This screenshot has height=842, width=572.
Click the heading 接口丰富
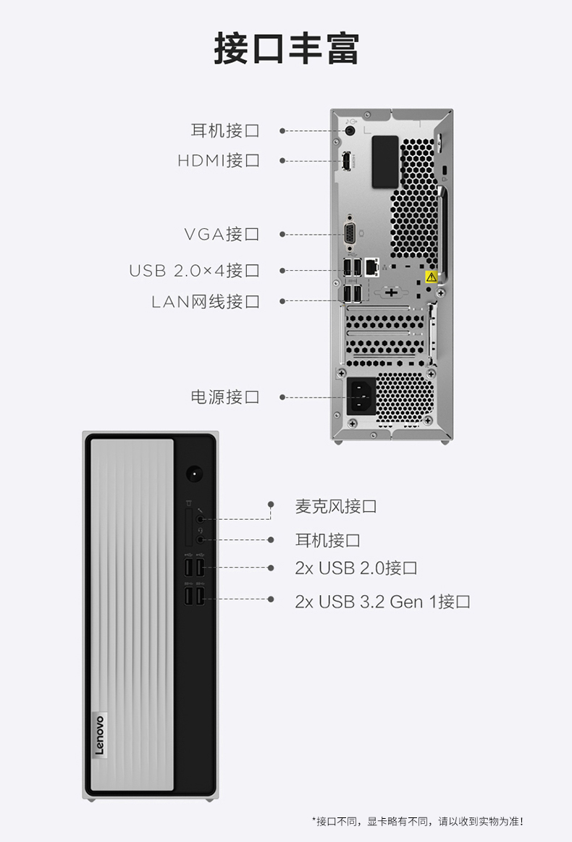tap(286, 49)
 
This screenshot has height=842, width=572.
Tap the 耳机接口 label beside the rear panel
tap(225, 130)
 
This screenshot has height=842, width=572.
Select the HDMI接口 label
tap(219, 160)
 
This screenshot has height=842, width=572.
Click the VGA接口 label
tap(222, 234)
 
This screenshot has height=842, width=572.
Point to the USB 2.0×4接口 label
tap(195, 270)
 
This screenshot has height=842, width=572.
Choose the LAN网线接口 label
tap(206, 301)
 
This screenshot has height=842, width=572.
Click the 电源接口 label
tap(225, 397)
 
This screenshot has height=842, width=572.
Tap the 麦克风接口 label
tap(336, 506)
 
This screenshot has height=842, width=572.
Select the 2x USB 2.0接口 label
tap(356, 568)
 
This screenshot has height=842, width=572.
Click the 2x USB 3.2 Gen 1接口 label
tap(382, 602)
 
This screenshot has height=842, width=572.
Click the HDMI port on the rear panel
tap(348, 161)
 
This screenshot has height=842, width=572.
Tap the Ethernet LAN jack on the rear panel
tap(371, 267)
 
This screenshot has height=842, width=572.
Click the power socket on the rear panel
tap(361, 397)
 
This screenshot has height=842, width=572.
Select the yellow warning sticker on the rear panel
tap(432, 277)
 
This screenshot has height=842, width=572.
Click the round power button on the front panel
tap(195, 474)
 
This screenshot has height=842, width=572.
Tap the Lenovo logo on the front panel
tap(100, 736)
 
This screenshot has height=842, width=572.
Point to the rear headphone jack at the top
tap(350, 130)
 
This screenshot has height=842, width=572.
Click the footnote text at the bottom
tap(418, 821)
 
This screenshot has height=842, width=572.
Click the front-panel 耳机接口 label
tap(327, 540)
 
